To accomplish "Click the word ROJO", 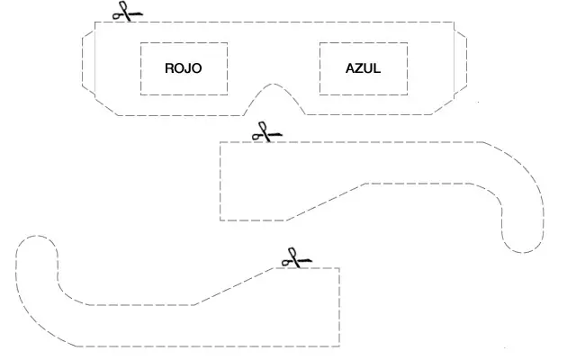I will pyautogui.click(x=184, y=67).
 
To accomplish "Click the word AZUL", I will pyautogui.click(x=363, y=67).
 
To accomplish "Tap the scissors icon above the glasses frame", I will pyautogui.click(x=127, y=13).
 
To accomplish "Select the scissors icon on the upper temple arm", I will pyautogui.click(x=264, y=132).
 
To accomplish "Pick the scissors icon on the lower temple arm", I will pyautogui.click(x=292, y=258).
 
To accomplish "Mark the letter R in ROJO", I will pyautogui.click(x=169, y=67).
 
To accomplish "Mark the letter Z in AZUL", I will pyautogui.click(x=357, y=67).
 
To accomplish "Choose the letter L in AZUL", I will pyautogui.click(x=376, y=67).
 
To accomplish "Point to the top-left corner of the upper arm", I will pyautogui.click(x=220, y=141).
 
